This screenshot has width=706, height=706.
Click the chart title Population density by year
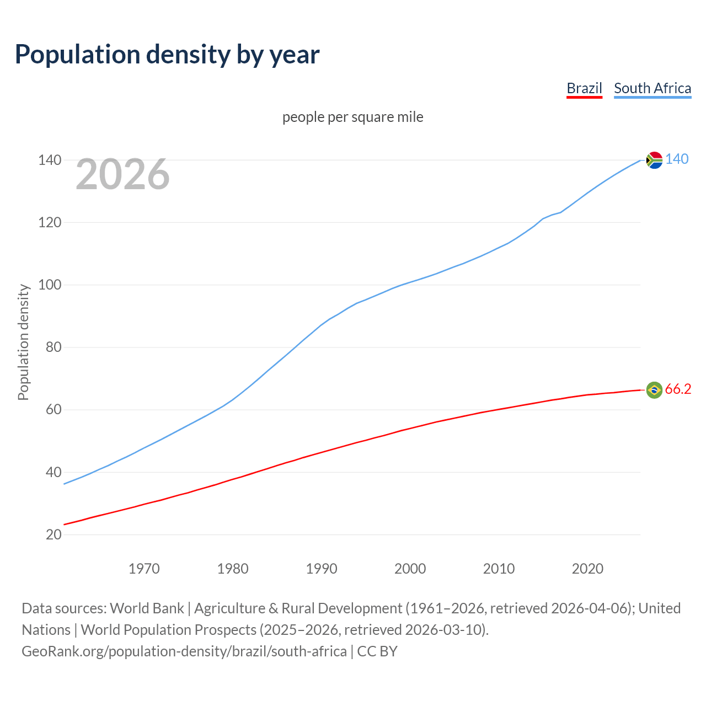click(167, 55)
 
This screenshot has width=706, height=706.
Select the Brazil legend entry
click(584, 88)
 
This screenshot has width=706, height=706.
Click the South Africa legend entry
click(652, 88)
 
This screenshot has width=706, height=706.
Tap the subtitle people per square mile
click(352, 117)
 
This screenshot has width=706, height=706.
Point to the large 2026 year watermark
click(122, 174)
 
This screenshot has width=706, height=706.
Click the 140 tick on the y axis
click(50, 160)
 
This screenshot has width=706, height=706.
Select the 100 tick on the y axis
click(50, 285)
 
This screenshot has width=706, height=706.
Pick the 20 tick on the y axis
click(54, 534)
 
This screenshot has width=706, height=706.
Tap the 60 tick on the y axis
click(54, 410)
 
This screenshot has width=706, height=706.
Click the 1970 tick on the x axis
click(144, 569)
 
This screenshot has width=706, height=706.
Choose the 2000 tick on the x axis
click(410, 569)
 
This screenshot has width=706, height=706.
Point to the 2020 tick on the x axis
click(587, 569)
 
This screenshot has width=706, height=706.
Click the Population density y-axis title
click(23, 342)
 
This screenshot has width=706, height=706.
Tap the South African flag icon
click(654, 160)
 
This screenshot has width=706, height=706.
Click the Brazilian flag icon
click(654, 390)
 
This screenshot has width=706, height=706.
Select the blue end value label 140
click(677, 159)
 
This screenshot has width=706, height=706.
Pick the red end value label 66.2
click(678, 389)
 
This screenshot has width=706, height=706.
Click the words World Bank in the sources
click(147, 608)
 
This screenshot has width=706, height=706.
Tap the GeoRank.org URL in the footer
click(184, 651)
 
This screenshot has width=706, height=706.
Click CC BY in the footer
click(377, 651)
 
